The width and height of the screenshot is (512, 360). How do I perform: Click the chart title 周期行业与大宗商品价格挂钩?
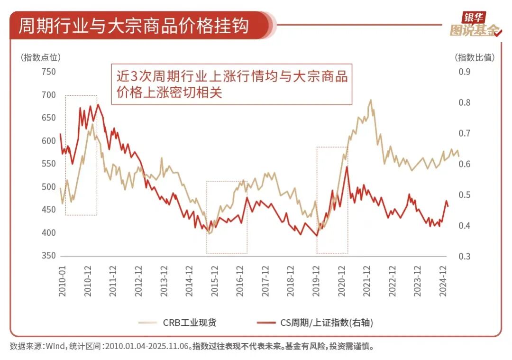click(x=133, y=25)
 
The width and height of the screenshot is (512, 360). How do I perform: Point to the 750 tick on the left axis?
click(x=49, y=72)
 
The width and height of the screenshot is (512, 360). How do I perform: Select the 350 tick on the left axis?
click(x=49, y=256)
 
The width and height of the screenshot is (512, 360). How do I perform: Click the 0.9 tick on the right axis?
click(x=464, y=72)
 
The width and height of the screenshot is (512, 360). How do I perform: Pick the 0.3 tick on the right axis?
click(x=464, y=256)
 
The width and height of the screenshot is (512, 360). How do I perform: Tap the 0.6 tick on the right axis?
click(x=464, y=164)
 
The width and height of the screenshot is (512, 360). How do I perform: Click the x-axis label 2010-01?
click(x=62, y=281)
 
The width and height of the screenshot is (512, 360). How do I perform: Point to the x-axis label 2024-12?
click(x=443, y=281)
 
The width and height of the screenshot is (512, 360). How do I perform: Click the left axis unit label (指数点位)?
click(x=41, y=57)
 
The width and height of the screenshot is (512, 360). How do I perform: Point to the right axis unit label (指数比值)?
click(x=475, y=57)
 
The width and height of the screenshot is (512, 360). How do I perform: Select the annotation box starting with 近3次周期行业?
click(x=232, y=84)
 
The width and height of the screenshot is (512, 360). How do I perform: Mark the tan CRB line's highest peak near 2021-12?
click(x=370, y=100)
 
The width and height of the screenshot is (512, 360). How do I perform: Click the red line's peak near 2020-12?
click(x=347, y=167)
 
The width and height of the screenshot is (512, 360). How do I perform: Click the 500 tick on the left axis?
click(x=49, y=187)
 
